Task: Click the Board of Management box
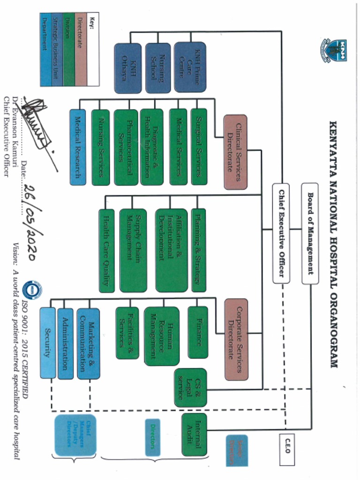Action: click(x=310, y=233)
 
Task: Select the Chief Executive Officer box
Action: click(x=281, y=233)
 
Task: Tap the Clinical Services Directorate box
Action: click(x=235, y=152)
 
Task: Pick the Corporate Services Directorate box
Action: click(x=236, y=339)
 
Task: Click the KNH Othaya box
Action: click(x=127, y=68)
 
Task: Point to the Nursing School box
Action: click(x=157, y=68)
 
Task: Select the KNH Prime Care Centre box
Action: click(x=190, y=67)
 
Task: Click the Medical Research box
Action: click(x=78, y=147)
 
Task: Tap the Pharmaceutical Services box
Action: click(x=126, y=147)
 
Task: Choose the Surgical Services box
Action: click(x=199, y=147)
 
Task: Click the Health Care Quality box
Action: click(x=106, y=251)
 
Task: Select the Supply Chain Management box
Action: click(x=133, y=251)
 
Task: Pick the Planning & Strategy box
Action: click(x=198, y=251)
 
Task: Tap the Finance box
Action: click(x=197, y=332)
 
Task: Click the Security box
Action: click(x=47, y=343)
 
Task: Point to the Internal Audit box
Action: click(x=194, y=435)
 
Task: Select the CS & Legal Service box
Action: click(x=190, y=387)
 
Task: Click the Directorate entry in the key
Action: click(x=81, y=49)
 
